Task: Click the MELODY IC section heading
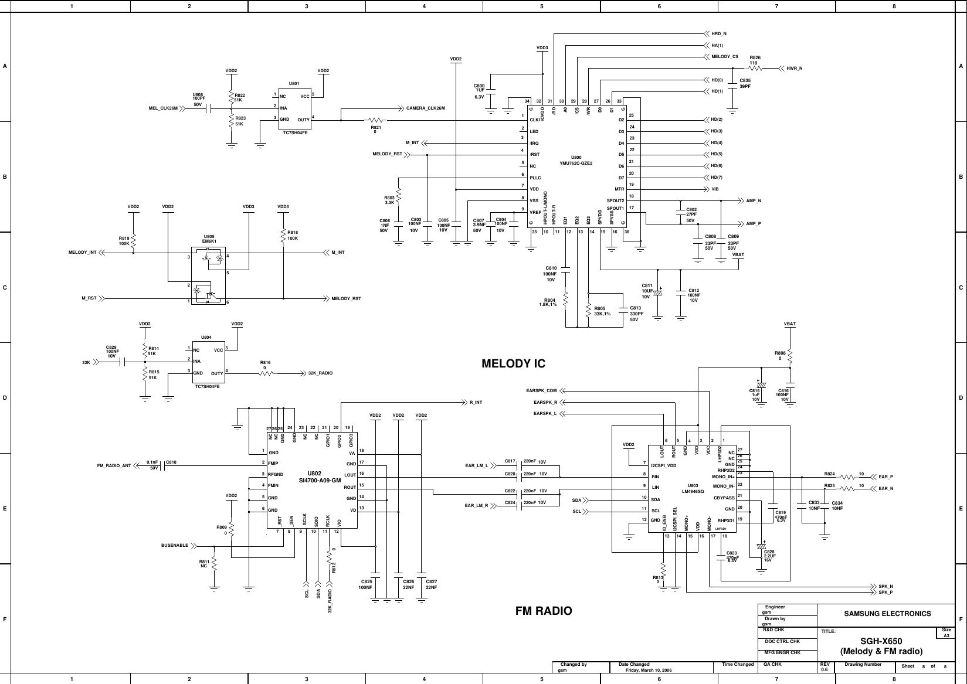pos(513,364)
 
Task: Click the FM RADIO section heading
pos(543,611)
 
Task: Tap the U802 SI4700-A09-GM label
pos(320,477)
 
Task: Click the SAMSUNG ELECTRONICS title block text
pos(887,614)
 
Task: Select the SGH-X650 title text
pos(881,641)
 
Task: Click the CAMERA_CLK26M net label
pos(426,108)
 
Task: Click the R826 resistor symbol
pos(755,69)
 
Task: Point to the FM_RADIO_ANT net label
pos(114,465)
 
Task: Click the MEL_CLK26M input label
pos(163,108)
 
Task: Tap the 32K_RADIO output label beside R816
pos(320,373)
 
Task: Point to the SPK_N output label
pos(885,586)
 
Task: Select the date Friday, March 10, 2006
pos(649,670)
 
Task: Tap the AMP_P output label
pos(754,224)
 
